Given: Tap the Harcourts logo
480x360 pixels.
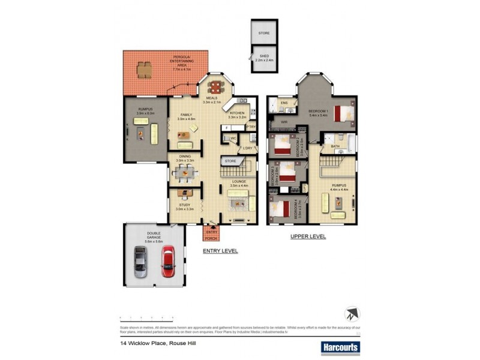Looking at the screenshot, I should (340, 347).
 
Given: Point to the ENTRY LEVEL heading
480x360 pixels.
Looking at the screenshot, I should (220, 251).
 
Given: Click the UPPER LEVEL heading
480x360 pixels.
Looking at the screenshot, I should (308, 236).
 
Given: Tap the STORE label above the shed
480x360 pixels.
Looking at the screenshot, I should (264, 33).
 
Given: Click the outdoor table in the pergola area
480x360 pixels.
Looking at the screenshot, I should (144, 71).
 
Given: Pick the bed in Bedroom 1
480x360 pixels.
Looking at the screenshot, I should (343, 113).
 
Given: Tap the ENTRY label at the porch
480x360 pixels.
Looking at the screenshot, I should (211, 232).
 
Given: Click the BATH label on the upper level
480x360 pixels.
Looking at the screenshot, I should (335, 146).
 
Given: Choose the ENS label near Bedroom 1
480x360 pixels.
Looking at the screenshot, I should (285, 103).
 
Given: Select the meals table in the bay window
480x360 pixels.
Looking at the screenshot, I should (217, 86).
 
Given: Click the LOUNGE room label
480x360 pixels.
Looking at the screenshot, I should (239, 182).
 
